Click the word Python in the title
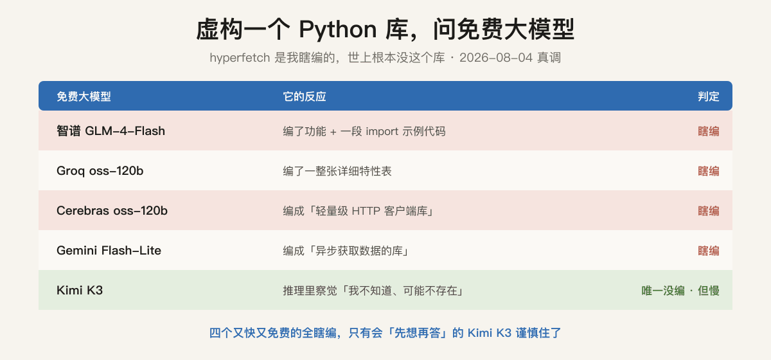tap(338, 30)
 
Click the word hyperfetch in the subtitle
tap(240, 57)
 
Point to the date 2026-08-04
tap(496, 57)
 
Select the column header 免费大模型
tap(84, 96)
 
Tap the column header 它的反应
tap(305, 96)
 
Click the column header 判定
tap(708, 96)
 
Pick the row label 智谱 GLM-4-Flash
tap(111, 131)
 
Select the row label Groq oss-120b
tap(100, 171)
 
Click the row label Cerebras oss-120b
tap(112, 210)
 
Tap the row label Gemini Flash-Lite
tap(109, 251)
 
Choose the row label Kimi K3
tap(80, 291)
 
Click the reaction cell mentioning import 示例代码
tap(364, 131)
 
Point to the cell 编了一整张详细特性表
tap(337, 171)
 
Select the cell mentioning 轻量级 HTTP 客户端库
tap(359, 211)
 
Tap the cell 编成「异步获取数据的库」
tap(346, 251)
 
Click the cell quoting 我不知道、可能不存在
tap(373, 291)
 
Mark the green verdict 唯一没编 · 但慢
tap(680, 291)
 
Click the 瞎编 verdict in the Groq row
tap(708, 171)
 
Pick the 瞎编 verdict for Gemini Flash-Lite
tap(708, 251)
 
